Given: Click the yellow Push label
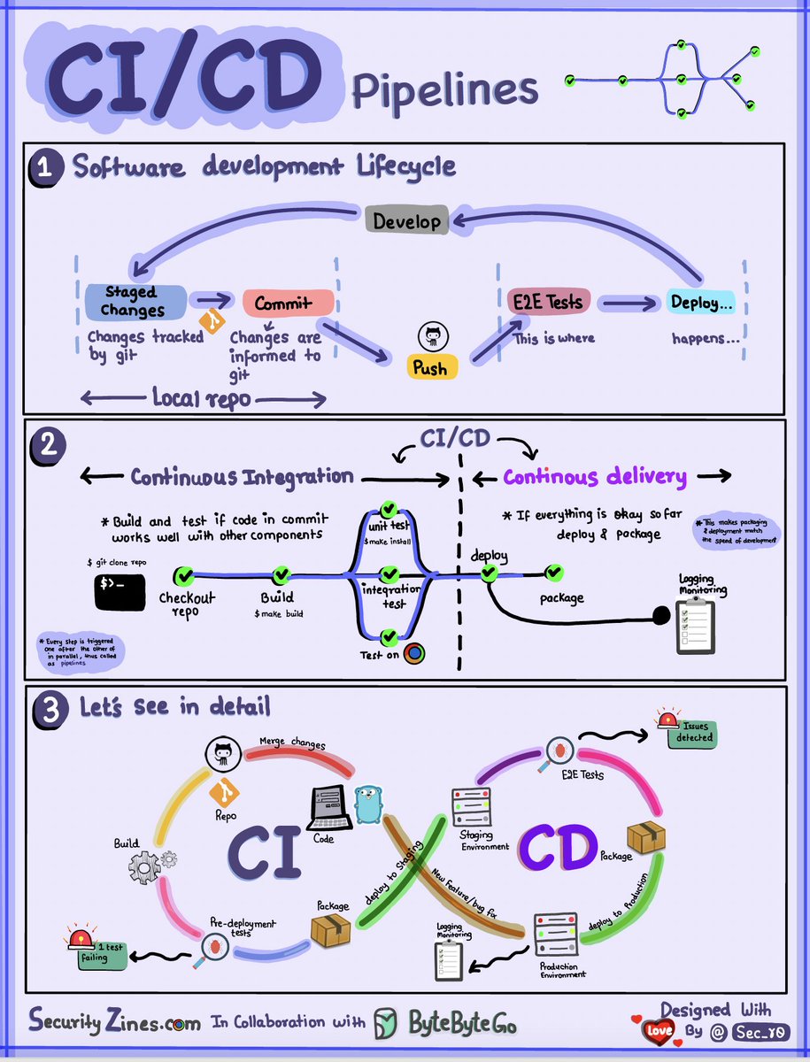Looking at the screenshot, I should (432, 367).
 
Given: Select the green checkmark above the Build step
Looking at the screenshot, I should (282, 576).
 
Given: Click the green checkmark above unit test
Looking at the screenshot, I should (388, 509).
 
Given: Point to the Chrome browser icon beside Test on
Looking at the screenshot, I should (414, 654).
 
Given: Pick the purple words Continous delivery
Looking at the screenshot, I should (595, 478).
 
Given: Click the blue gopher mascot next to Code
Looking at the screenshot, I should (366, 804).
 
